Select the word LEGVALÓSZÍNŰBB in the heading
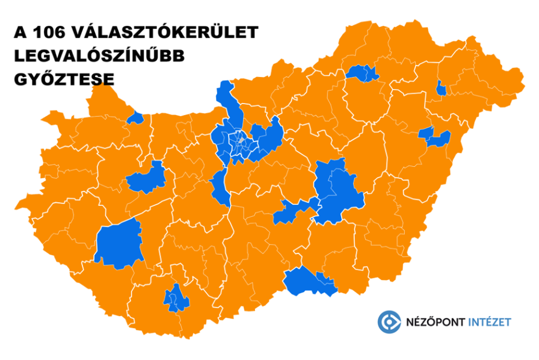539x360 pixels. pos(99,55)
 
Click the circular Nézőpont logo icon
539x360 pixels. pos(389,321)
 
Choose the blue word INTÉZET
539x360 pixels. pos(490,322)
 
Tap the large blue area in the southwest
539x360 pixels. pos(119,243)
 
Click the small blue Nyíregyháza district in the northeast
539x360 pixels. pos(442,89)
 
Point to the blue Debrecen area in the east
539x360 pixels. pos(436,136)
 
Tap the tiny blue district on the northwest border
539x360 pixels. pos(137,117)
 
